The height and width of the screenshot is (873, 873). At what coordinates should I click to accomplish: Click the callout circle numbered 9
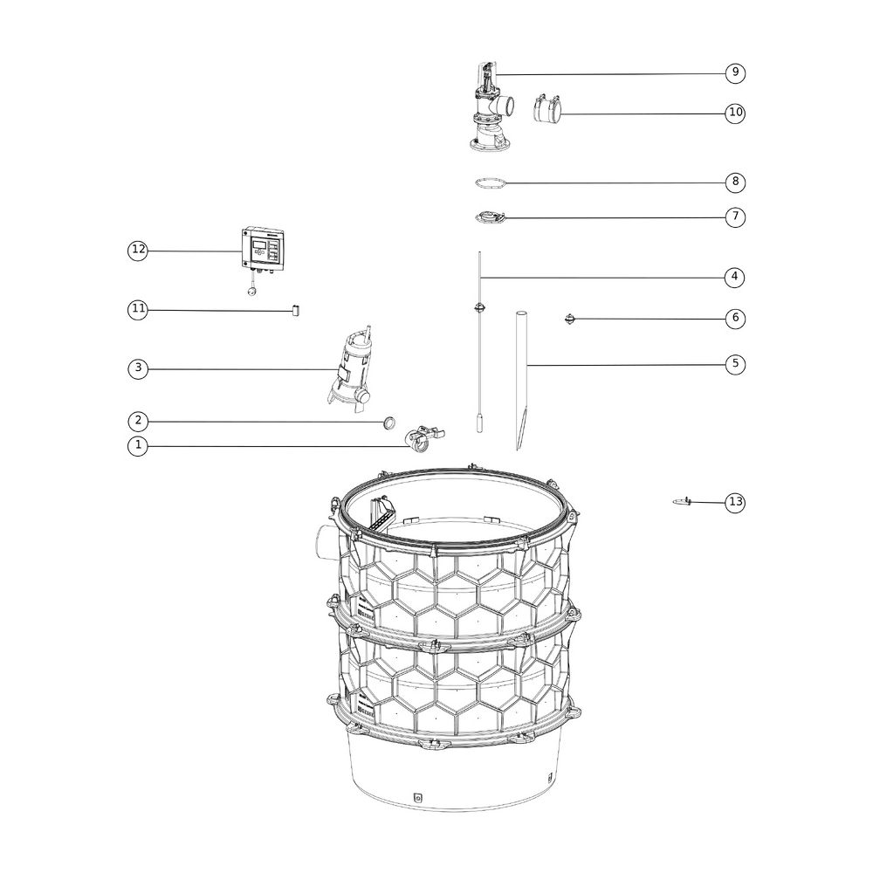coord(735,72)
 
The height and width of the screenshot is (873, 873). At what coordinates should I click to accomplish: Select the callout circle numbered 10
coord(735,113)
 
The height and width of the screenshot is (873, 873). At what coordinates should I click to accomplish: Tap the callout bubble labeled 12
coord(138,250)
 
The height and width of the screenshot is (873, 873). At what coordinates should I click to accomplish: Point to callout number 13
coord(735,502)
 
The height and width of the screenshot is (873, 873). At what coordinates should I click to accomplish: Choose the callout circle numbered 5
coord(735,364)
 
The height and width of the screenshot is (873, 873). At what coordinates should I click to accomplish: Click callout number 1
coord(138,446)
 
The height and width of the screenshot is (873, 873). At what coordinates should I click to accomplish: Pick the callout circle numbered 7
coord(735,217)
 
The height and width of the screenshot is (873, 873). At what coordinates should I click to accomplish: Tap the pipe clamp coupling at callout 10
coord(546,108)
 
